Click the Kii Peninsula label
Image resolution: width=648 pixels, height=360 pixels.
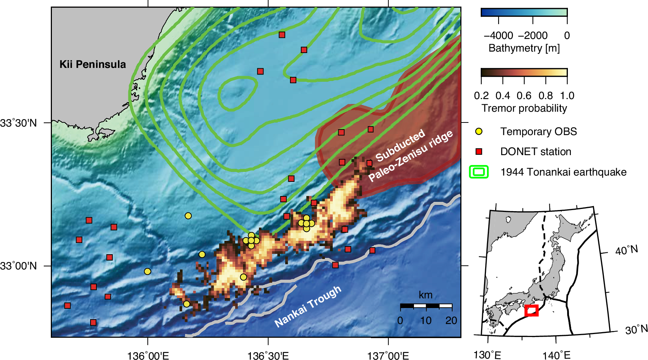coord(93,64)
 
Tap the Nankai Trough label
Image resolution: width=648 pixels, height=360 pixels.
coord(307,307)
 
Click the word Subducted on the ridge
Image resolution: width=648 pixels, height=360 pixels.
coord(400,145)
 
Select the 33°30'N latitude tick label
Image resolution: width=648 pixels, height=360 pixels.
coord(19,123)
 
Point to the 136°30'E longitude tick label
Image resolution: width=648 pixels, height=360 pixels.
coord(268,356)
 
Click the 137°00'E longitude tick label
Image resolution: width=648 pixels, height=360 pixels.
coord(388,356)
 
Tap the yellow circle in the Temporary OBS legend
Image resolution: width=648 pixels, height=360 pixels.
coord(479,131)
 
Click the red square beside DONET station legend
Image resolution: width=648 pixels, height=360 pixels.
coord(479,151)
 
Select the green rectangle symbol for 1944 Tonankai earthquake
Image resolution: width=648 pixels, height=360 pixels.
coord(478,172)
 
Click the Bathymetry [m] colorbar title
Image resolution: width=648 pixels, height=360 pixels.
coord(524,48)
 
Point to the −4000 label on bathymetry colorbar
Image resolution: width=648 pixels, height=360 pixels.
coord(499,36)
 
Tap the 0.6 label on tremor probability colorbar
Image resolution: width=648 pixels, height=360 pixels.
coord(524,96)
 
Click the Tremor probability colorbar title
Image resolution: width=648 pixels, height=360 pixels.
coord(524,108)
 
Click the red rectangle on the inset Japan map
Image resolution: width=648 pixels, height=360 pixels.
coord(532,310)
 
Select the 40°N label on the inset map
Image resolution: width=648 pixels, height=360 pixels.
coord(626,251)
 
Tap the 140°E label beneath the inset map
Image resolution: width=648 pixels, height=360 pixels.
coord(556,355)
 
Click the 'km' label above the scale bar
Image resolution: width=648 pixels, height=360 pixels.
coord(425,295)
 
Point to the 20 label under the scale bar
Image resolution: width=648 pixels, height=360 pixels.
coord(451,320)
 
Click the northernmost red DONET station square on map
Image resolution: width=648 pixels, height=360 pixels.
coord(282,35)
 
